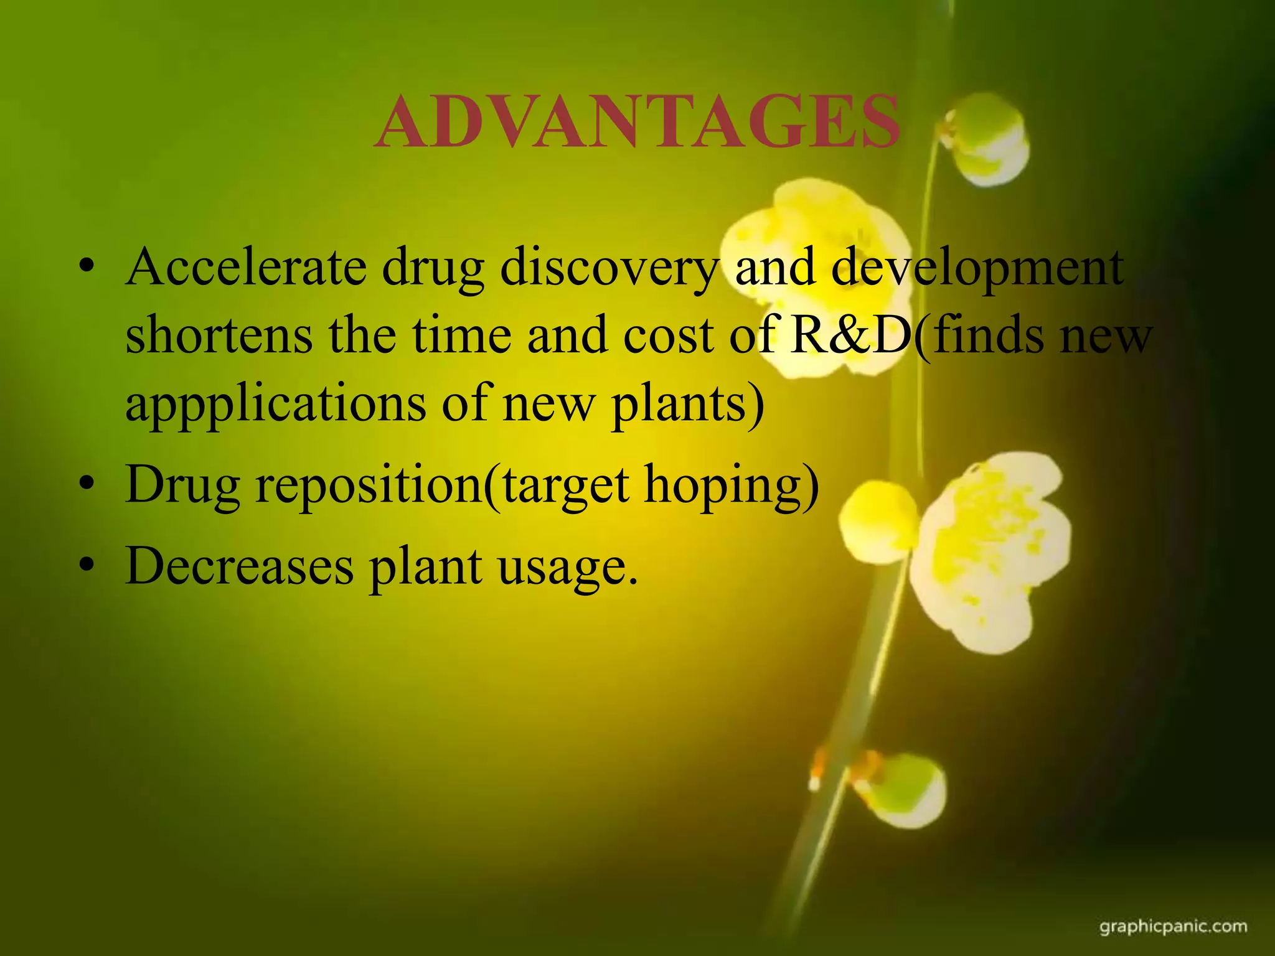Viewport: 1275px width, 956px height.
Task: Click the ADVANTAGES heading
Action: (x=637, y=122)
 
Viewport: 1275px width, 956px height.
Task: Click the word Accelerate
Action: (x=246, y=268)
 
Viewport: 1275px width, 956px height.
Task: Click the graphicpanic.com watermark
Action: (x=1173, y=927)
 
